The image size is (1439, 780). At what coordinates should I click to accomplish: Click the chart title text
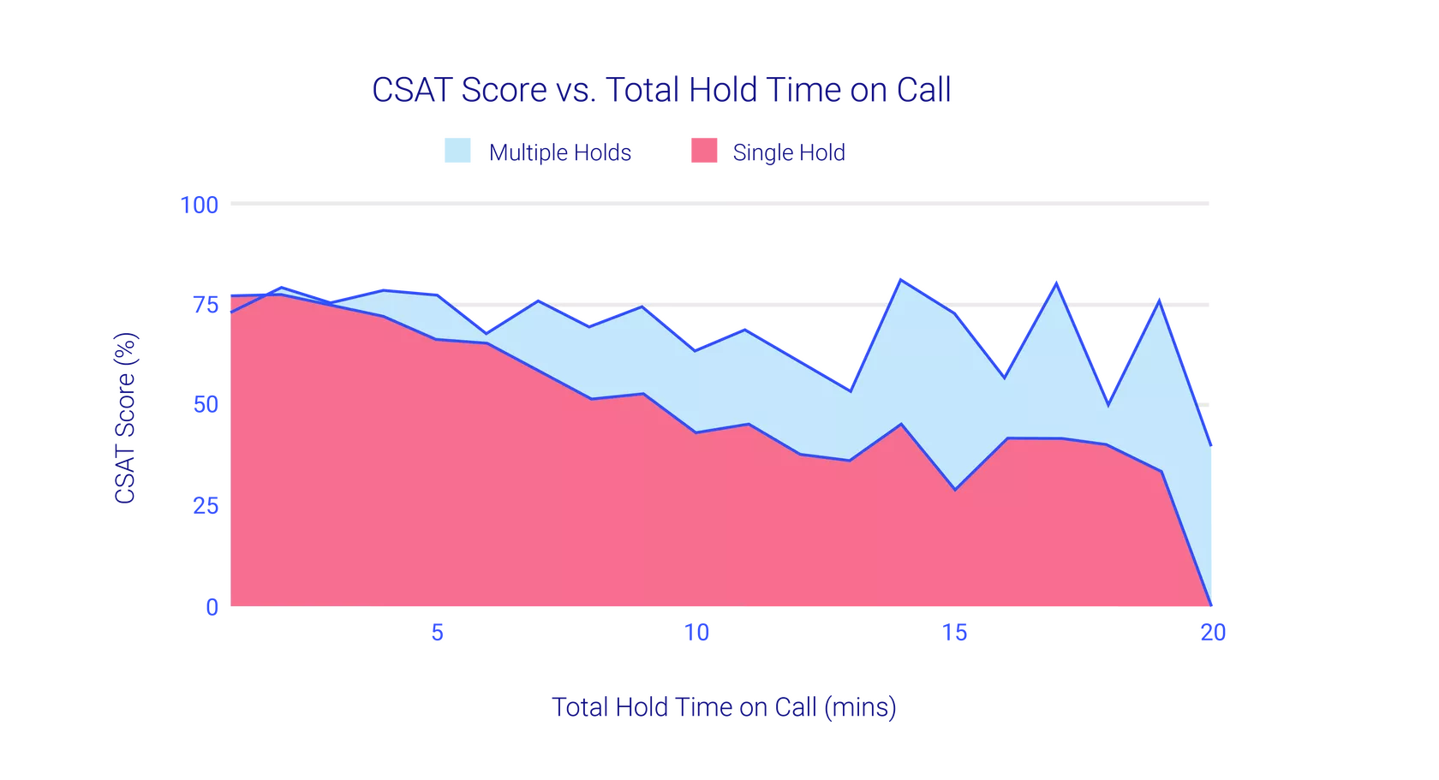coord(661,89)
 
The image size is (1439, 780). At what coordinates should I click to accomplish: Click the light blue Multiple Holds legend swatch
coord(457,151)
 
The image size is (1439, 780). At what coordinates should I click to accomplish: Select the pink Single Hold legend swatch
coord(704,151)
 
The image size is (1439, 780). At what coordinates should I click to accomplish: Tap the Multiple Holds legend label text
coord(559,152)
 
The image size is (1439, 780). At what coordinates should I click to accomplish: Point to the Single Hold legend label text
coord(789,152)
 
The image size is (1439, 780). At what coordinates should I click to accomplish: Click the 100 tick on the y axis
coord(199,205)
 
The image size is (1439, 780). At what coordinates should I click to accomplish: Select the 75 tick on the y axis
coord(206,305)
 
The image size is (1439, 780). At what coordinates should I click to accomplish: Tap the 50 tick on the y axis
coord(206,405)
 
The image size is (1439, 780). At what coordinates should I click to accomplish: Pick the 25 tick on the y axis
coord(206,506)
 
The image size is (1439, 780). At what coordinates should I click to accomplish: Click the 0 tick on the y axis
coord(212,607)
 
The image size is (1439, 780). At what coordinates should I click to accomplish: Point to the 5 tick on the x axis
coord(438,633)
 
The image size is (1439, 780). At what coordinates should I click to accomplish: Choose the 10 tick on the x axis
coord(696,633)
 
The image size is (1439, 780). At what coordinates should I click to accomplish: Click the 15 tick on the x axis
coord(954,633)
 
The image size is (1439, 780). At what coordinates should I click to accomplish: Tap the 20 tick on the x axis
coord(1213,633)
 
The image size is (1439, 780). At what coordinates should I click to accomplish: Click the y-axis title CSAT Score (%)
coord(125,418)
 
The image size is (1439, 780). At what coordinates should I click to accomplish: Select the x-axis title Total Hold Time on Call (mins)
coord(724,707)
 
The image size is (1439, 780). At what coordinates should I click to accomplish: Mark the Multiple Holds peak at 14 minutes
coord(901,280)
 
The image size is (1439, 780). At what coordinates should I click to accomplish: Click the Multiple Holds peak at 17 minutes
coord(1056,283)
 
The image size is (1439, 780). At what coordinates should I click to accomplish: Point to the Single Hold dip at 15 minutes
coord(955,490)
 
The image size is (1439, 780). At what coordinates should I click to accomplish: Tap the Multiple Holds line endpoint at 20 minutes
coord(1211,445)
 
